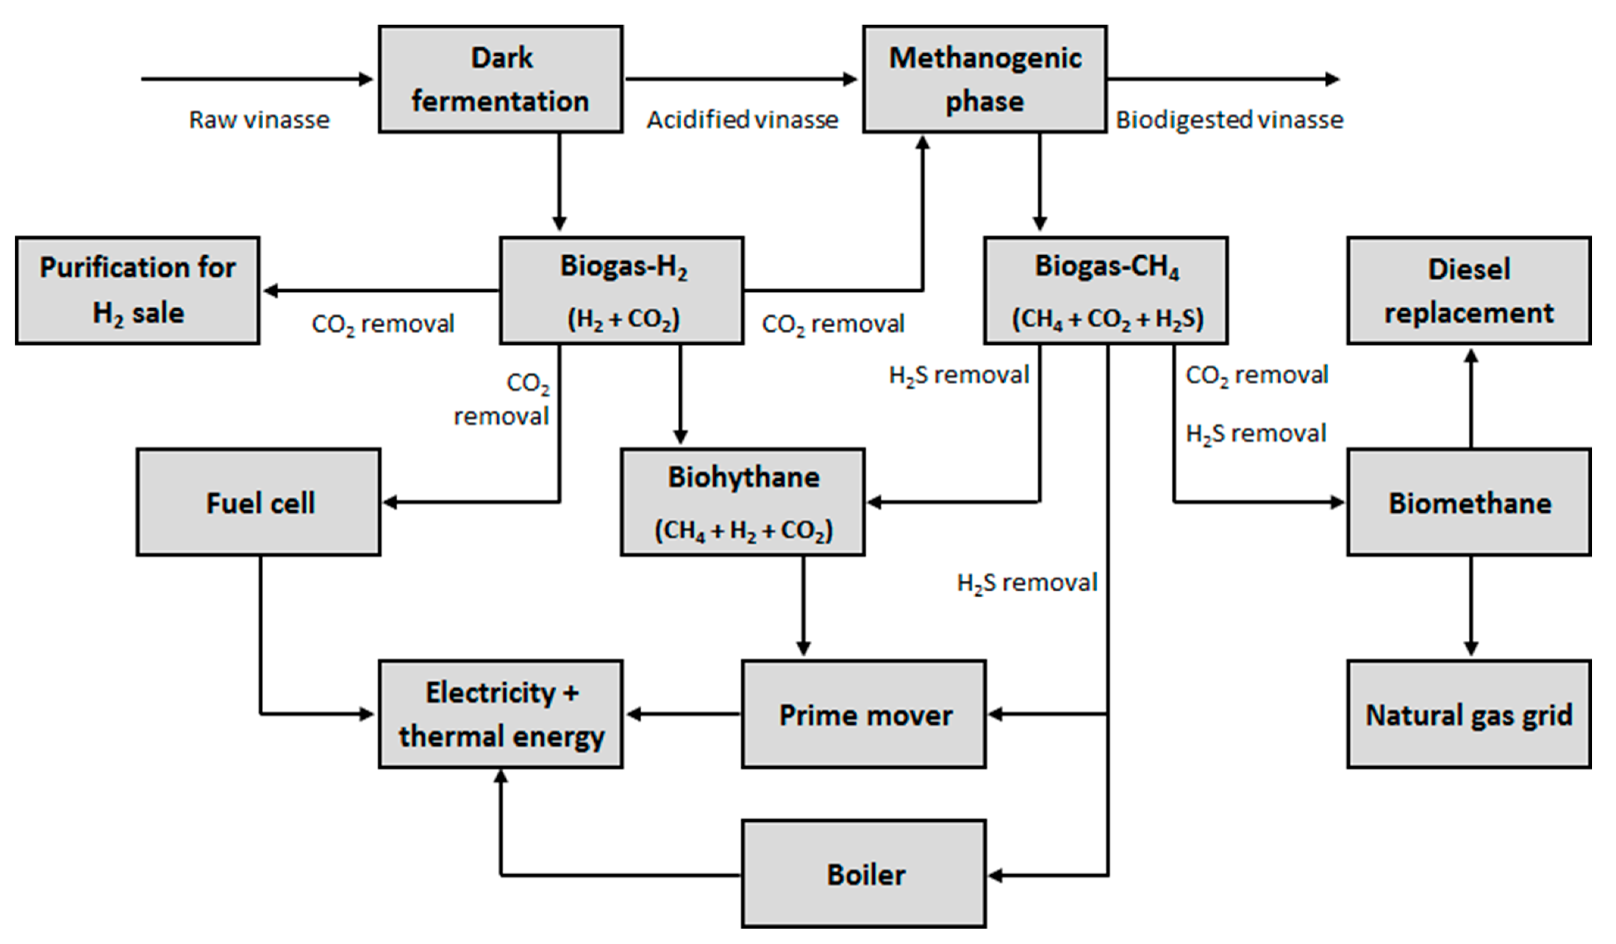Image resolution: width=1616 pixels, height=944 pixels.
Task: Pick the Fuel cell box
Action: pos(258,502)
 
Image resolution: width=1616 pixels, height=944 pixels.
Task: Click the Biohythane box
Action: pos(742,502)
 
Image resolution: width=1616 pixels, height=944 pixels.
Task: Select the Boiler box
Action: pos(864,874)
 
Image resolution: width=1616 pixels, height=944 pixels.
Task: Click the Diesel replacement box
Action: pos(1469,291)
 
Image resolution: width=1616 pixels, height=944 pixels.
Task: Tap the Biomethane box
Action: pos(1469,502)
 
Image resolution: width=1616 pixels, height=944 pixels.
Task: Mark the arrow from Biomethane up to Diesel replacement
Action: pos(1471,398)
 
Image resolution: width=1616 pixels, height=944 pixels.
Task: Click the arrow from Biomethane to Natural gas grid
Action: pos(1471,606)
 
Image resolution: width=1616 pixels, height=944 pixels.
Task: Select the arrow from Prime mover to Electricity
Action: pos(683,714)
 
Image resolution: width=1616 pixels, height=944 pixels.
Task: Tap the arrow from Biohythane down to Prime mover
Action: pos(803,606)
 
